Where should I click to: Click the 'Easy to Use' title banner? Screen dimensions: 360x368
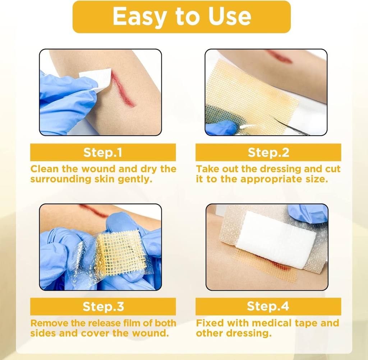[181, 17]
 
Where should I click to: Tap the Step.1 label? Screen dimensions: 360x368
[103, 153]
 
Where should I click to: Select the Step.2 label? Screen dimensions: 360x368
[268, 153]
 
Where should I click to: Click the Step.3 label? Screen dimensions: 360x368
[103, 307]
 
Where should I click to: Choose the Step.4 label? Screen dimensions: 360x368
[268, 307]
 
